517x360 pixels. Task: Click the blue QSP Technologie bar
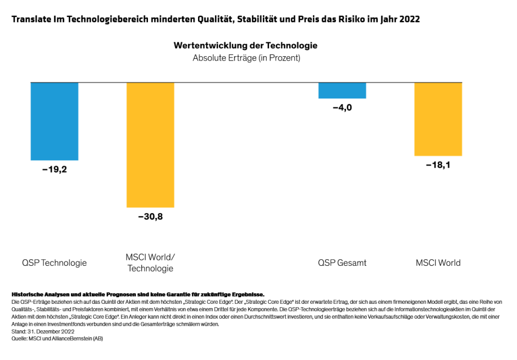tap(54, 121)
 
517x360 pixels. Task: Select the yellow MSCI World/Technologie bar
tap(150, 144)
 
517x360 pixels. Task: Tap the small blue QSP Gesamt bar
tap(342, 90)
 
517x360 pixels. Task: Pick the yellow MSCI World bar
tap(438, 119)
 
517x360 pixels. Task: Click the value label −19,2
tap(54, 170)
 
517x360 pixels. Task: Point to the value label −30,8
tap(150, 217)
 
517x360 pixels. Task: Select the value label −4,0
tap(342, 108)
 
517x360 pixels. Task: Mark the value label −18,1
tap(438, 165)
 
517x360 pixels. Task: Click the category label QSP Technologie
tap(54, 263)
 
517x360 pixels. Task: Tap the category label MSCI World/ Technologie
tap(150, 263)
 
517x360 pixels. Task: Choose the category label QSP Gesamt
tap(342, 263)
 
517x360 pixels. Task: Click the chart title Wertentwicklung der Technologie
tap(245, 45)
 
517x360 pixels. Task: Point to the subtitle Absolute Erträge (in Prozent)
tap(246, 57)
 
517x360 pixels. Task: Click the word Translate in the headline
tap(31, 19)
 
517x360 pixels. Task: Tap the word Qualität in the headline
tap(210, 19)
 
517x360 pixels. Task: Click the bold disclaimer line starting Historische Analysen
tap(137, 294)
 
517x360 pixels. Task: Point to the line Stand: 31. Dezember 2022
tap(42, 331)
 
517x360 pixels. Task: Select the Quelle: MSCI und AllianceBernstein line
tap(57, 339)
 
